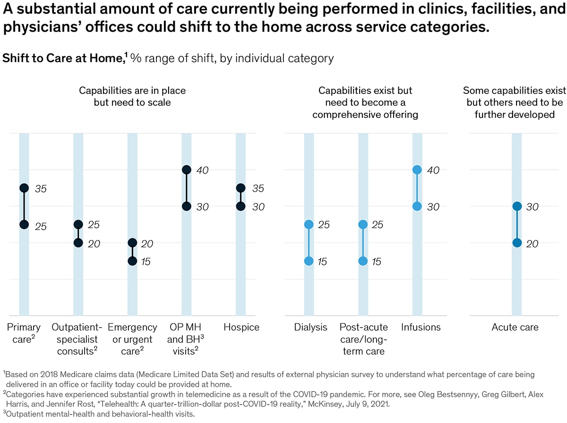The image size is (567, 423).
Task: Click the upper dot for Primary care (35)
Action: tap(24, 188)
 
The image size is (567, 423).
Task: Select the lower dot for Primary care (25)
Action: tap(24, 224)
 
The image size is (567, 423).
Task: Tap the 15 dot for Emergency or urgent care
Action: tap(132, 261)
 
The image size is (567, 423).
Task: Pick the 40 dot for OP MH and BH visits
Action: tap(187, 170)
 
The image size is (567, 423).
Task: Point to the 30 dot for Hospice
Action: tap(241, 207)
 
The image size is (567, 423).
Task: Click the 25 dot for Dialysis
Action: tap(309, 224)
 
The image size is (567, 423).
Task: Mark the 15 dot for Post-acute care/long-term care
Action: tap(363, 261)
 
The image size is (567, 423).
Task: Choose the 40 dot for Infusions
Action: tap(417, 170)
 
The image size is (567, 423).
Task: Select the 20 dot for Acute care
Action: tap(517, 243)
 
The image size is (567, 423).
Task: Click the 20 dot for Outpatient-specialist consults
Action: tap(78, 243)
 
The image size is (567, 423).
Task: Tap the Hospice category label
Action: tap(241, 328)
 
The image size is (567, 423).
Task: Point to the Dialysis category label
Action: tap(310, 328)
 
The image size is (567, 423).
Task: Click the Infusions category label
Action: tap(421, 328)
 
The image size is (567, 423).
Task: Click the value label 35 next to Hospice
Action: tap(257, 188)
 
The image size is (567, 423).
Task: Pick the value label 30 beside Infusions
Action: tap(434, 207)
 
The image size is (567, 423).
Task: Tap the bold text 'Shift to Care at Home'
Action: tap(63, 58)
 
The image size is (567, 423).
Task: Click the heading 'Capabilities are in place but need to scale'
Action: tap(132, 95)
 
